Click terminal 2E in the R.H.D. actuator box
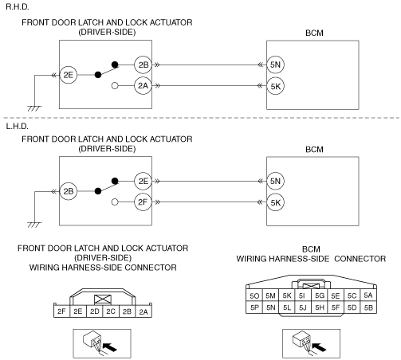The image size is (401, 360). (69, 75)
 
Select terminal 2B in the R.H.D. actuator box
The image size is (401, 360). (143, 65)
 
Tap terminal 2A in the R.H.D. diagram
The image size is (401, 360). (143, 86)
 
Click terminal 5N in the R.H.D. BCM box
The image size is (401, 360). (275, 65)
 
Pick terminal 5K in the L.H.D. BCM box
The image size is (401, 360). (276, 202)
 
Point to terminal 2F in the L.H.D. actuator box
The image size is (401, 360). (143, 202)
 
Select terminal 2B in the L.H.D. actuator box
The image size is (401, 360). (69, 191)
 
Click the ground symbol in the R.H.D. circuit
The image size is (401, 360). (34, 108)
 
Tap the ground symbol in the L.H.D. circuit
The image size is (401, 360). (34, 225)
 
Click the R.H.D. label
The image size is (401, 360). (18, 7)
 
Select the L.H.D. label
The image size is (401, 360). (17, 127)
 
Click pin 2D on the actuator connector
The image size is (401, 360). (94, 311)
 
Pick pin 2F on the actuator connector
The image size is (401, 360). (61, 311)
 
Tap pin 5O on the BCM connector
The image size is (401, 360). (254, 295)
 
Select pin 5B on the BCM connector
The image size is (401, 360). (368, 307)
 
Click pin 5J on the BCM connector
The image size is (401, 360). (303, 307)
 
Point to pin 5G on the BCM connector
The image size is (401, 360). (320, 295)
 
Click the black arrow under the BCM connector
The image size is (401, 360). (319, 346)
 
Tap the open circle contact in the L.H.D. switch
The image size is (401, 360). (115, 202)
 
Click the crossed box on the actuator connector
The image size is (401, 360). (103, 299)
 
